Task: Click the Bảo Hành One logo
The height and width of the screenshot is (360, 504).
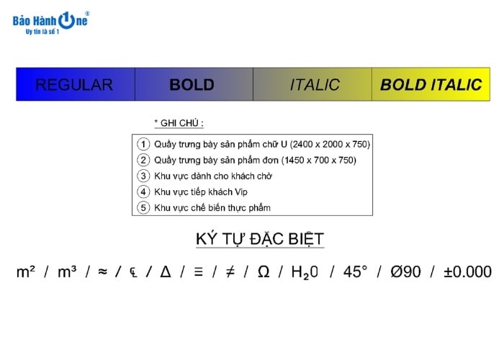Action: [x=50, y=22]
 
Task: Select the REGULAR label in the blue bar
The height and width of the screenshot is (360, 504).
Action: [x=74, y=85]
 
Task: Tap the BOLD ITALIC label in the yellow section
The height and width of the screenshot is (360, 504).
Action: [x=431, y=85]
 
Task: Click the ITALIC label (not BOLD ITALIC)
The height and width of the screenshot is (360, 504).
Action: [x=315, y=85]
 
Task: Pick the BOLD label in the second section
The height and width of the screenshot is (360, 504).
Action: [x=192, y=85]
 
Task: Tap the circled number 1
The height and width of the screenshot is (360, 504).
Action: [x=143, y=144]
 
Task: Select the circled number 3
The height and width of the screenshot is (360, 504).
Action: [x=143, y=176]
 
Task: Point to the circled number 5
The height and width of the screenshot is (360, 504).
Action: [x=143, y=207]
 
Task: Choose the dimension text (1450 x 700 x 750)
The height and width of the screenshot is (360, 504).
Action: [x=311, y=160]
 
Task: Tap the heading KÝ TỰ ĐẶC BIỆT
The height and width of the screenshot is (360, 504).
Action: [x=260, y=239]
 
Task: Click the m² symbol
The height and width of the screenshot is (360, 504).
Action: [x=27, y=272]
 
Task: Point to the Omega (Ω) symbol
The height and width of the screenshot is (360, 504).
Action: [x=264, y=272]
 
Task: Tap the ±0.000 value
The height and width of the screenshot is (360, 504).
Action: [x=467, y=272]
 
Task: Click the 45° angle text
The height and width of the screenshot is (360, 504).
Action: [x=355, y=272]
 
